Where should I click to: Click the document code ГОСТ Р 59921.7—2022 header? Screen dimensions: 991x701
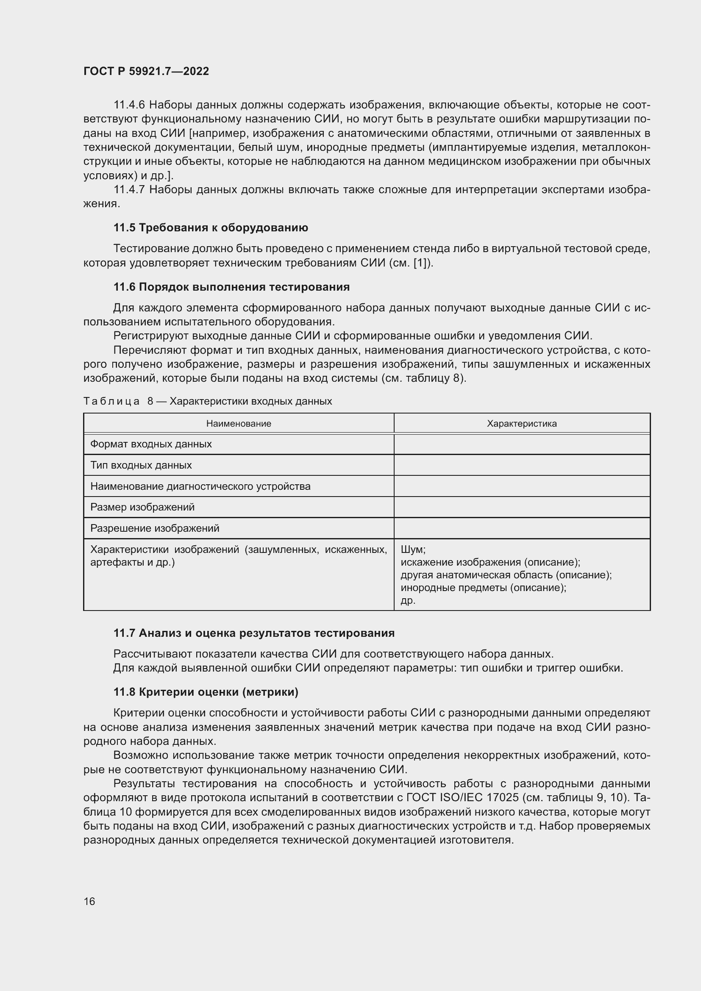click(x=146, y=71)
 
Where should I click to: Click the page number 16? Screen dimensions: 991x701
click(x=89, y=901)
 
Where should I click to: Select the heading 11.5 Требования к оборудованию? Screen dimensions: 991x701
click(x=211, y=228)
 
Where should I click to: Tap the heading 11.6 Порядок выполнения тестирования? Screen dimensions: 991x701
click(x=231, y=287)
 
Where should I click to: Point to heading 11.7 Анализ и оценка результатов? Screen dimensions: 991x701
click(x=254, y=633)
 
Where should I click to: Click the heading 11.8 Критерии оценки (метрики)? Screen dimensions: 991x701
click(x=206, y=692)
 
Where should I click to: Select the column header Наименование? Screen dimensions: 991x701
click(x=239, y=423)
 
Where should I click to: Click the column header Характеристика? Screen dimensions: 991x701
click(x=521, y=423)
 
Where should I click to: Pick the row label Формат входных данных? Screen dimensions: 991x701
click(x=150, y=444)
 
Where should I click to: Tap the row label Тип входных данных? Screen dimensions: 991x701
click(x=141, y=465)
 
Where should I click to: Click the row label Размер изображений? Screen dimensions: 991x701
click(x=142, y=507)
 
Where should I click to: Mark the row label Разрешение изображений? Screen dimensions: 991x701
click(x=155, y=528)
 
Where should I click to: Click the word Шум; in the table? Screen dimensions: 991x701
click(x=413, y=550)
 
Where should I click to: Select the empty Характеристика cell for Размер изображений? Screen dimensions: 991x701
click(x=521, y=507)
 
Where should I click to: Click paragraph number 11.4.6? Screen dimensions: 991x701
click(x=129, y=105)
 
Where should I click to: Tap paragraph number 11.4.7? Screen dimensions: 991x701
click(x=129, y=189)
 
